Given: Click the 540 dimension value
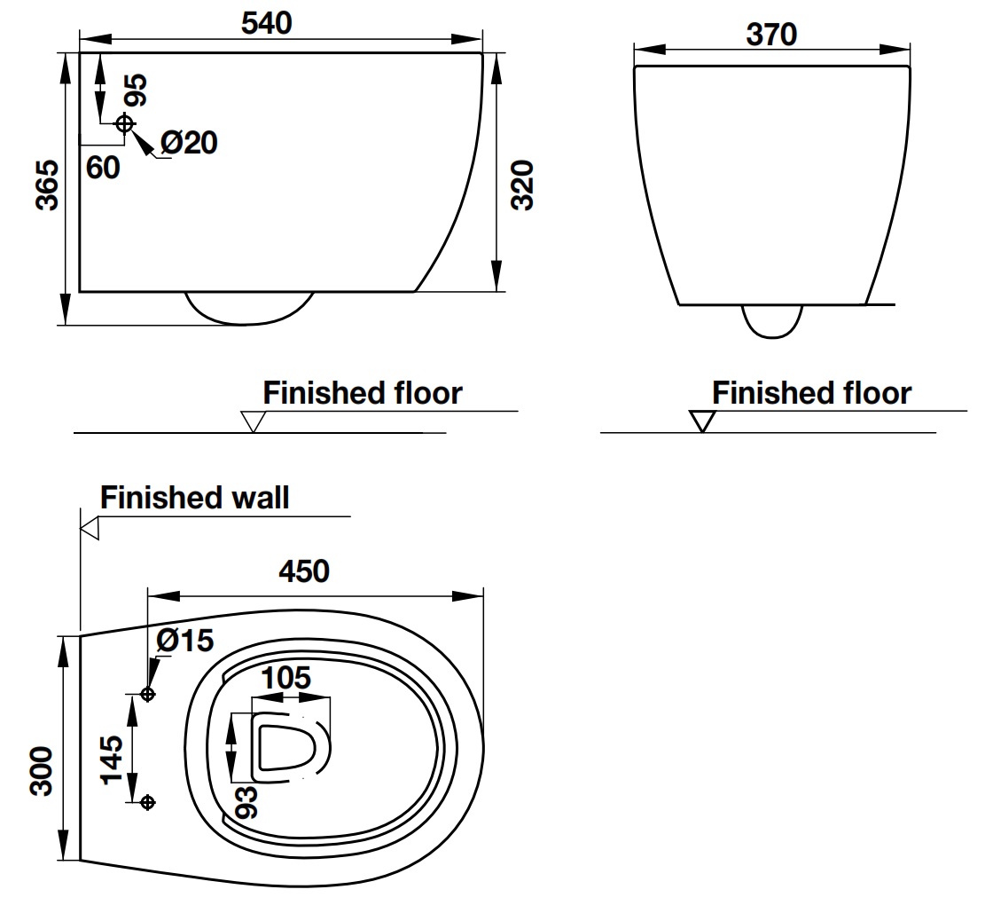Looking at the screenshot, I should pos(267,23).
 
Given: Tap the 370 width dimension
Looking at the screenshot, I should pos(771,34).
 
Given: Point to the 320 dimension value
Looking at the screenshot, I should pos(523,185).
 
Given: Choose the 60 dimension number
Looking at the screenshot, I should pos(104,167).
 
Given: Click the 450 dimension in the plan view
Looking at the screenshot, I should pos(304,571).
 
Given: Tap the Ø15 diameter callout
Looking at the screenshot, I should pos(185,641).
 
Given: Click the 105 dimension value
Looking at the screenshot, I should pos(285,679).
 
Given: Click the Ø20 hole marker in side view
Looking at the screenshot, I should pos(124,123).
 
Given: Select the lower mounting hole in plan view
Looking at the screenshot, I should pos(148,802).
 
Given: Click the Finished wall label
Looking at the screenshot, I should pos(194,498).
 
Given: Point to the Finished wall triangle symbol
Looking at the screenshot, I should pos(90,529).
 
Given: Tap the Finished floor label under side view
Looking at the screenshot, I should pos(362,393).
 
